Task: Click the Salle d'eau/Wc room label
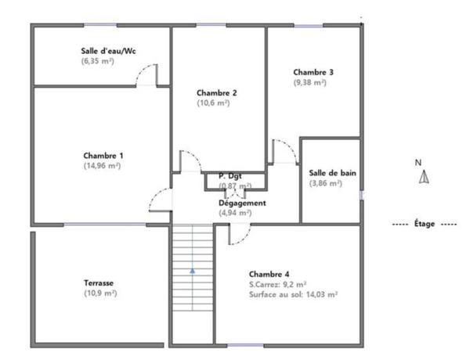[x=108, y=51]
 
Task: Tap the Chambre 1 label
[x=103, y=156]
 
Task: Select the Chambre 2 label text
[x=217, y=93]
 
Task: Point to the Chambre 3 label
[x=313, y=72]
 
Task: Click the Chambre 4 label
[x=269, y=274]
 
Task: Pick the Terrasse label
[x=99, y=283]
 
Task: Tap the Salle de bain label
[x=332, y=173]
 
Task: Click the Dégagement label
[x=242, y=203]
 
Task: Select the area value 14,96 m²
[x=102, y=166]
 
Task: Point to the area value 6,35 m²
[x=98, y=61]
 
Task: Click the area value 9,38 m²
[x=310, y=82]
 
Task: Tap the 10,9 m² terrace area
[x=100, y=293]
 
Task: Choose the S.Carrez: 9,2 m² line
[x=277, y=284]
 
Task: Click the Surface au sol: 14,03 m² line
[x=294, y=294]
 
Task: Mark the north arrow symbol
[x=424, y=177]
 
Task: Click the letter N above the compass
[x=418, y=163]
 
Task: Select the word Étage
[x=425, y=223]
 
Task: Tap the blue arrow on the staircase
[x=193, y=271]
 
